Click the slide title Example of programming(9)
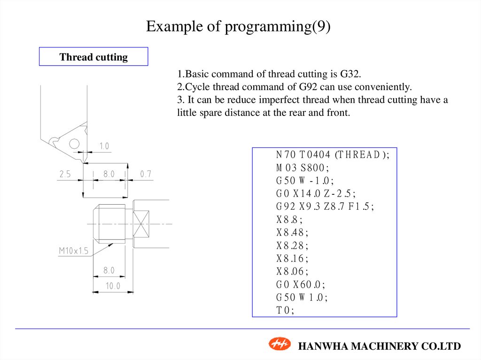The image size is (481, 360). pyautogui.click(x=238, y=26)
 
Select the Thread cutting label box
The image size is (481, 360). pyautogui.click(x=93, y=57)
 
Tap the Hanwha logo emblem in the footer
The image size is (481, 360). pyautogui.click(x=280, y=345)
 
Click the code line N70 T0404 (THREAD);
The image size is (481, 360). pyautogui.click(x=333, y=155)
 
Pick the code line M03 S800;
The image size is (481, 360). pyautogui.click(x=303, y=168)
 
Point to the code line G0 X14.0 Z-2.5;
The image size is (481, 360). pyautogui.click(x=316, y=194)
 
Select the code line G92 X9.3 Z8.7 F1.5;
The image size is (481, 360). pyautogui.click(x=325, y=207)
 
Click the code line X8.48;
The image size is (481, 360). pyautogui.click(x=293, y=233)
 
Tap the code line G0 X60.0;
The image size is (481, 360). pyautogui.click(x=301, y=284)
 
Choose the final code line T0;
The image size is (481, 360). pyautogui.click(x=285, y=310)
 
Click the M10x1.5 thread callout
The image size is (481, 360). pyautogui.click(x=73, y=251)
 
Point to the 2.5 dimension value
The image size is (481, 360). pyautogui.click(x=65, y=174)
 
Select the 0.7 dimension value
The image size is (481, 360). pyautogui.click(x=146, y=174)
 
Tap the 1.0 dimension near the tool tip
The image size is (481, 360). pyautogui.click(x=103, y=146)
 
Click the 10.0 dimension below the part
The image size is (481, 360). pyautogui.click(x=113, y=286)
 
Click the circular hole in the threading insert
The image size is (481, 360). pyautogui.click(x=74, y=144)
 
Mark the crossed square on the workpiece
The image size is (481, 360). pyautogui.click(x=141, y=223)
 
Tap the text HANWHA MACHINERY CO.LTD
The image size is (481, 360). pyautogui.click(x=380, y=346)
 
